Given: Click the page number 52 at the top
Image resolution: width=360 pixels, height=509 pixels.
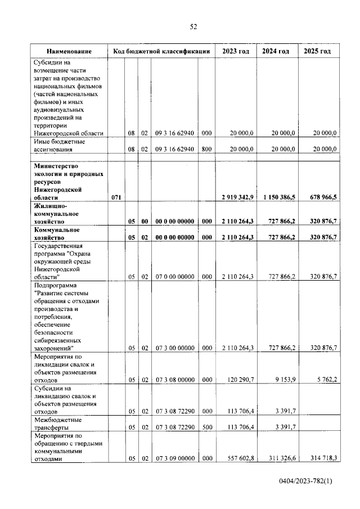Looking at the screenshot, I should tap(193, 26).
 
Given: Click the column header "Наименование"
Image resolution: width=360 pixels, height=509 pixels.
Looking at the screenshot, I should tap(69, 51).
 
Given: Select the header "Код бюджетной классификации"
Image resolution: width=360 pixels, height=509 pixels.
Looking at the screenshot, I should tap(161, 51).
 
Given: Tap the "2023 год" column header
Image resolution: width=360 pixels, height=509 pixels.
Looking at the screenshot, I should tap(236, 51).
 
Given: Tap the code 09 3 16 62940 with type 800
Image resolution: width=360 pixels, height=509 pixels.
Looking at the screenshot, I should tap(175, 149).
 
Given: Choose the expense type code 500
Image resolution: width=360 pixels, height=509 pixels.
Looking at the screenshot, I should tap(206, 427).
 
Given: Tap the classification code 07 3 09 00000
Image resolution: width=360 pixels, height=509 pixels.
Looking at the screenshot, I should tap(175, 458).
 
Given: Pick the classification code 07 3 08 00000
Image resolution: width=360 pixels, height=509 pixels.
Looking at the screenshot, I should tap(175, 380).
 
